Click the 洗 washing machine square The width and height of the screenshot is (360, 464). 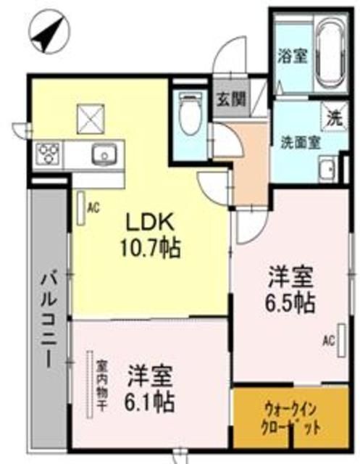(x=333, y=115)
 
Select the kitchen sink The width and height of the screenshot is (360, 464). (x=103, y=154)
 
